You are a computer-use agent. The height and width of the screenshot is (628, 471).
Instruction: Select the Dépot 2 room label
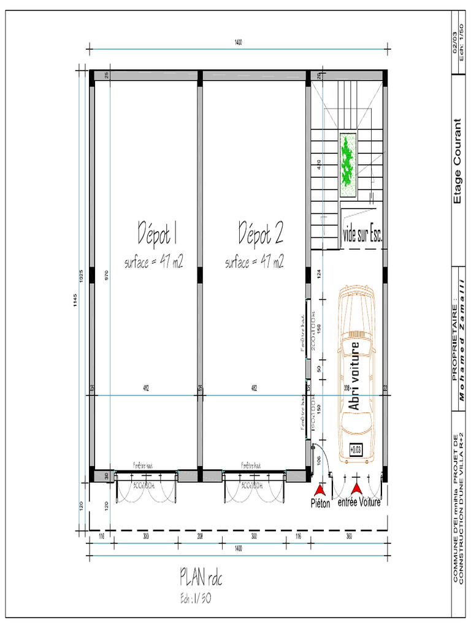(260, 234)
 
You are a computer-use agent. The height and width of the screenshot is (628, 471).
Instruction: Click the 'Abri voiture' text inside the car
(354, 375)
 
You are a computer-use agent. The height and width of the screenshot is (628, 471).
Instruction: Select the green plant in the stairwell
(348, 165)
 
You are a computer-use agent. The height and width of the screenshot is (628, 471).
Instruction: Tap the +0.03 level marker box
(356, 450)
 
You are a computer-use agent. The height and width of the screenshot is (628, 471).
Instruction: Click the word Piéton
(320, 504)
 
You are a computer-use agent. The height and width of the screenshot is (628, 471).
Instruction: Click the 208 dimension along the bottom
(200, 537)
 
